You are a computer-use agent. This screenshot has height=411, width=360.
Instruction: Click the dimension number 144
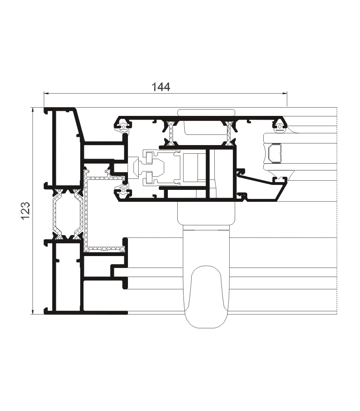tap(161, 87)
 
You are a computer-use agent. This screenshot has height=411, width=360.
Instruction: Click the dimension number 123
tap(26, 211)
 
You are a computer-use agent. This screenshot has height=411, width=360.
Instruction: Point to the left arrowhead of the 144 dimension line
tap(46, 93)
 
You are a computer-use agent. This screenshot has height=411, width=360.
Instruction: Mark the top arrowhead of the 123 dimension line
tap(33, 110)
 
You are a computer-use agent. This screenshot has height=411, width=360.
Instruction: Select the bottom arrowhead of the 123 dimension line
tap(33, 312)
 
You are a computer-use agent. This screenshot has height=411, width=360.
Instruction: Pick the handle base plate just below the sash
tap(207, 213)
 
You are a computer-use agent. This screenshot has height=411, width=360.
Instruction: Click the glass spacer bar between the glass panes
tap(274, 153)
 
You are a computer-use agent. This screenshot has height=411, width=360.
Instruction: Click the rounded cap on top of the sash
tap(206, 113)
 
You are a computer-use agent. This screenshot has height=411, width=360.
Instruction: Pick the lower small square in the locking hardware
tap(149, 177)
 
